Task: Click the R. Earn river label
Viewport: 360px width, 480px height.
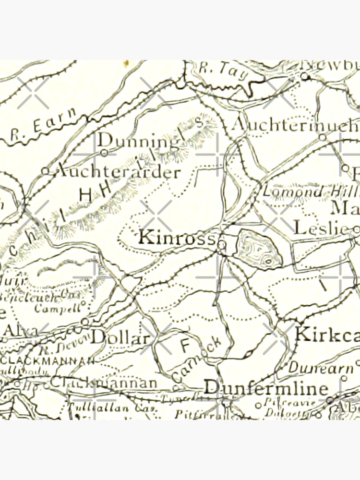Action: (43, 126)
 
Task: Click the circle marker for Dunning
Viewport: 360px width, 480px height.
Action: (105, 153)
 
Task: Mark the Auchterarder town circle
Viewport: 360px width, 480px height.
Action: (45, 170)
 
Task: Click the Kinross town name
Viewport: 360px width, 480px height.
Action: (176, 238)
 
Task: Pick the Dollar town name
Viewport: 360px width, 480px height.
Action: (120, 337)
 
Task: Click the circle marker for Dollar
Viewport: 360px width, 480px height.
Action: (85, 321)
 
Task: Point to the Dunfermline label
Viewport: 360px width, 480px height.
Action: (266, 388)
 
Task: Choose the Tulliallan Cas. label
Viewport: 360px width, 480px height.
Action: (98, 408)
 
